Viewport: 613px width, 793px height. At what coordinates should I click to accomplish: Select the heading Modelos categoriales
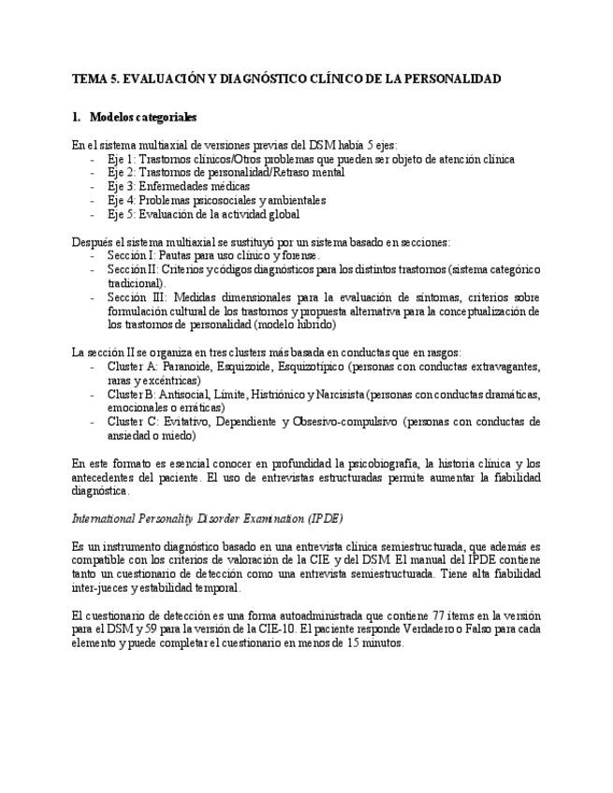pyautogui.click(x=142, y=118)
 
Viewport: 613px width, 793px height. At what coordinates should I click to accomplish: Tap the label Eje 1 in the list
pyautogui.click(x=121, y=159)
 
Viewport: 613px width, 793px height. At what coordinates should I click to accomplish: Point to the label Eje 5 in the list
pyautogui.click(x=121, y=213)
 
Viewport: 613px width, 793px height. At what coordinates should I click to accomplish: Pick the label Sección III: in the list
pyautogui.click(x=135, y=296)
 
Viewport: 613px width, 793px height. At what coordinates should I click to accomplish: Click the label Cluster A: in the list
pyautogui.click(x=132, y=367)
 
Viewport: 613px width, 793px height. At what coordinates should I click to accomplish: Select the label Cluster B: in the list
pyautogui.click(x=132, y=394)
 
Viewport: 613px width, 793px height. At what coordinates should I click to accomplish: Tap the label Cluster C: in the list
pyautogui.click(x=132, y=422)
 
